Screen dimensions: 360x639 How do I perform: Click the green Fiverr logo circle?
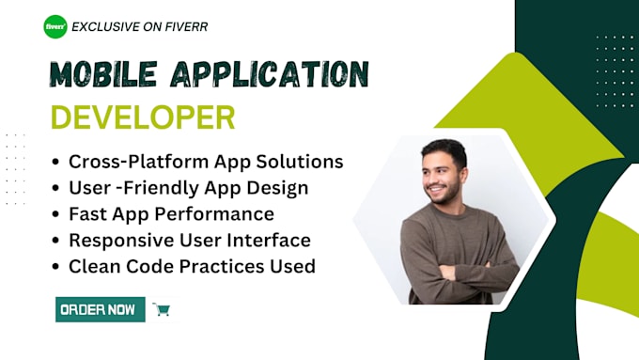click(55, 26)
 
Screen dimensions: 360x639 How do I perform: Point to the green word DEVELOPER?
click(142, 117)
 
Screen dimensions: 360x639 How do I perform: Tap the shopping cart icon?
click(162, 309)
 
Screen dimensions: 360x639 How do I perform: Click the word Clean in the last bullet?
click(93, 266)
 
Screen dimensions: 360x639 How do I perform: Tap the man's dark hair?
click(444, 151)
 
